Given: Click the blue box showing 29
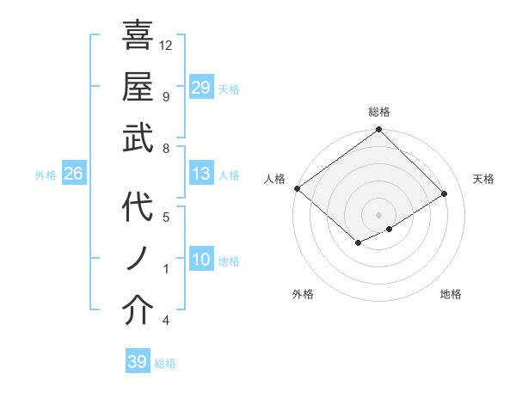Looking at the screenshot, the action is pyautogui.click(x=200, y=88).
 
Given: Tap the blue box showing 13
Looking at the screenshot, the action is pyautogui.click(x=200, y=174).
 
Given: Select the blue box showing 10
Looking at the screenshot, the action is pyautogui.click(x=200, y=260).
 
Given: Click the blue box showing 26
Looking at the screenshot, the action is pyautogui.click(x=73, y=174).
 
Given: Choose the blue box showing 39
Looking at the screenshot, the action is pyautogui.click(x=137, y=362).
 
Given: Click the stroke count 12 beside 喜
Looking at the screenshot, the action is pyautogui.click(x=166, y=45).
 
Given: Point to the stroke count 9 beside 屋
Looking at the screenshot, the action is pyautogui.click(x=165, y=96).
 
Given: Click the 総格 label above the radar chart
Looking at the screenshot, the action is pyautogui.click(x=378, y=112).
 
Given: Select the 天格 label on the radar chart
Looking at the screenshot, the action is pyautogui.click(x=483, y=179).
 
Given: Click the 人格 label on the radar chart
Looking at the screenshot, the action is pyautogui.click(x=274, y=179).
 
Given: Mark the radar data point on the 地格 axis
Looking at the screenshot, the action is pyautogui.click(x=390, y=229).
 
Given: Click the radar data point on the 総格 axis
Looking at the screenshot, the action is pyautogui.click(x=378, y=131).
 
